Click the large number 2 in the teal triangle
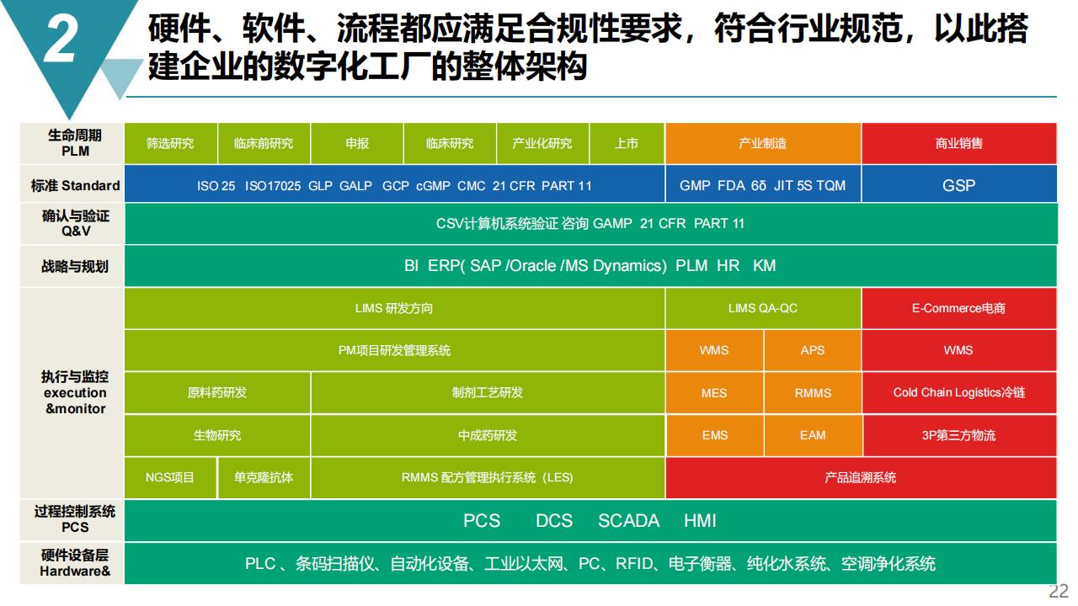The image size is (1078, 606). (x=61, y=39)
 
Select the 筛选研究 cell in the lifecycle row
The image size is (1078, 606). (x=171, y=143)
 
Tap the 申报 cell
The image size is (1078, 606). (x=356, y=143)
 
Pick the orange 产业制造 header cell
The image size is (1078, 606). (x=763, y=143)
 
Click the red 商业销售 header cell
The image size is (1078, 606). (x=959, y=143)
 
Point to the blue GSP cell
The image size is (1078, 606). (x=959, y=185)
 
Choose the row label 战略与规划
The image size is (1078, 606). (x=75, y=266)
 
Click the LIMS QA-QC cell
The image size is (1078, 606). (x=763, y=308)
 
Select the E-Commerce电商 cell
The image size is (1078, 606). (x=959, y=308)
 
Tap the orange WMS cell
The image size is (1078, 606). (x=714, y=350)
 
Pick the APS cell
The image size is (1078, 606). (x=813, y=350)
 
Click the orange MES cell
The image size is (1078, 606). (x=714, y=393)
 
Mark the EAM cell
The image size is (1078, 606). (x=813, y=435)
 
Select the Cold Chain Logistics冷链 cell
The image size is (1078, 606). (x=959, y=393)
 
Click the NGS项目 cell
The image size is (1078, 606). (x=170, y=477)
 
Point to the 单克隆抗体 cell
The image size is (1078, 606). (x=264, y=477)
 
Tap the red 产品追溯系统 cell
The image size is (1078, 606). (x=861, y=477)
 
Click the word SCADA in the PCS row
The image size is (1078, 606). (x=628, y=521)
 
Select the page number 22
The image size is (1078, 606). (x=1059, y=592)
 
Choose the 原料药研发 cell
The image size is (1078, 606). (x=217, y=393)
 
